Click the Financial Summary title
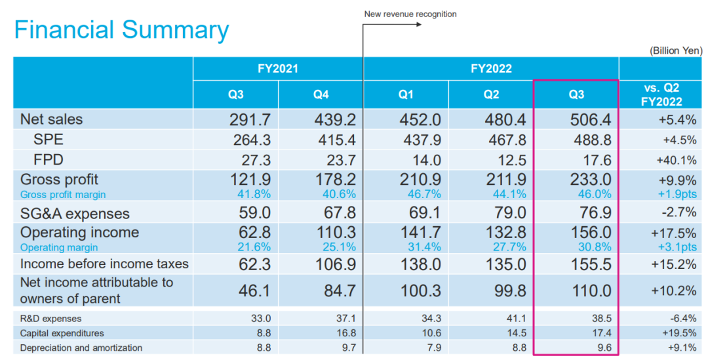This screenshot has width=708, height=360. tap(121, 30)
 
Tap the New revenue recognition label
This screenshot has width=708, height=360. tap(410, 14)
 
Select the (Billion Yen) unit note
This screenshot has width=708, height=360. tap(675, 50)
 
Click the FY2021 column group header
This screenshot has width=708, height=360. tap(278, 68)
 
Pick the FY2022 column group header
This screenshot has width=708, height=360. tap(491, 68)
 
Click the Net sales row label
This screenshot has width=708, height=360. tap(52, 119)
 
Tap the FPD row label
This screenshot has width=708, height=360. tap(49, 159)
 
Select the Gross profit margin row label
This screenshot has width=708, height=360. tap(63, 194)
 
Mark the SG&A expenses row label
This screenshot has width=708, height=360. tap(75, 214)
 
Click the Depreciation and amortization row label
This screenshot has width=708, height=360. tap(81, 348)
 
